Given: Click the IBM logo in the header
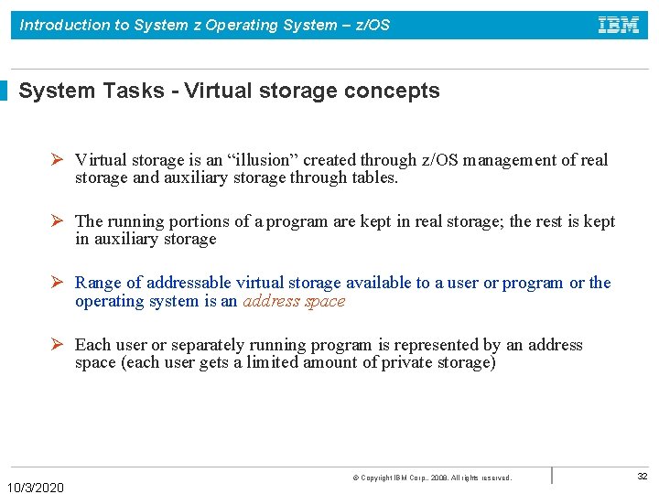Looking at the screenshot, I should (x=619, y=25).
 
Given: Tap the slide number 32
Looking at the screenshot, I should (x=642, y=477).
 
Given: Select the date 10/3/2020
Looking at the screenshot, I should (x=36, y=488).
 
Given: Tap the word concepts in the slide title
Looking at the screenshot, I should (x=397, y=91).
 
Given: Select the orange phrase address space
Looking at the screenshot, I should (x=294, y=301).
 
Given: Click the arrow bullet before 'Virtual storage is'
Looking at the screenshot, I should (x=56, y=160).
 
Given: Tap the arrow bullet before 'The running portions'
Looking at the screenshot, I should (x=56, y=221).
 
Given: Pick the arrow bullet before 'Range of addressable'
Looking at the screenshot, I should (x=56, y=283).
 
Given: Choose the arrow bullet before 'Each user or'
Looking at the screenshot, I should (x=56, y=345).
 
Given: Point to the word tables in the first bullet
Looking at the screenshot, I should (x=373, y=177).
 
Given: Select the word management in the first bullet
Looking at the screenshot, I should (x=510, y=160).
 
